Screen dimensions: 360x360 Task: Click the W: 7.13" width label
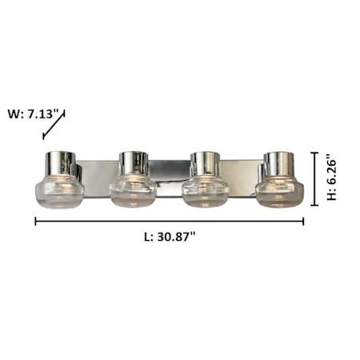[x=33, y=114]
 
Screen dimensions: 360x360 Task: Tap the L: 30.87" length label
[x=170, y=237]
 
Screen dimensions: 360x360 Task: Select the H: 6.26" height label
[x=332, y=180]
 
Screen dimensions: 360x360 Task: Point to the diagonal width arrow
[x=54, y=124]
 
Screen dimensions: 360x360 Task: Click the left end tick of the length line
[x=36, y=222]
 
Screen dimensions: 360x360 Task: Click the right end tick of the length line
[x=303, y=222]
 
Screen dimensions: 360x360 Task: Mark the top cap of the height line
[x=314, y=153]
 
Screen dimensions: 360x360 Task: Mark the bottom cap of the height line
[x=314, y=206]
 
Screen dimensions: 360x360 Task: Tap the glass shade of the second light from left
[x=133, y=190]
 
